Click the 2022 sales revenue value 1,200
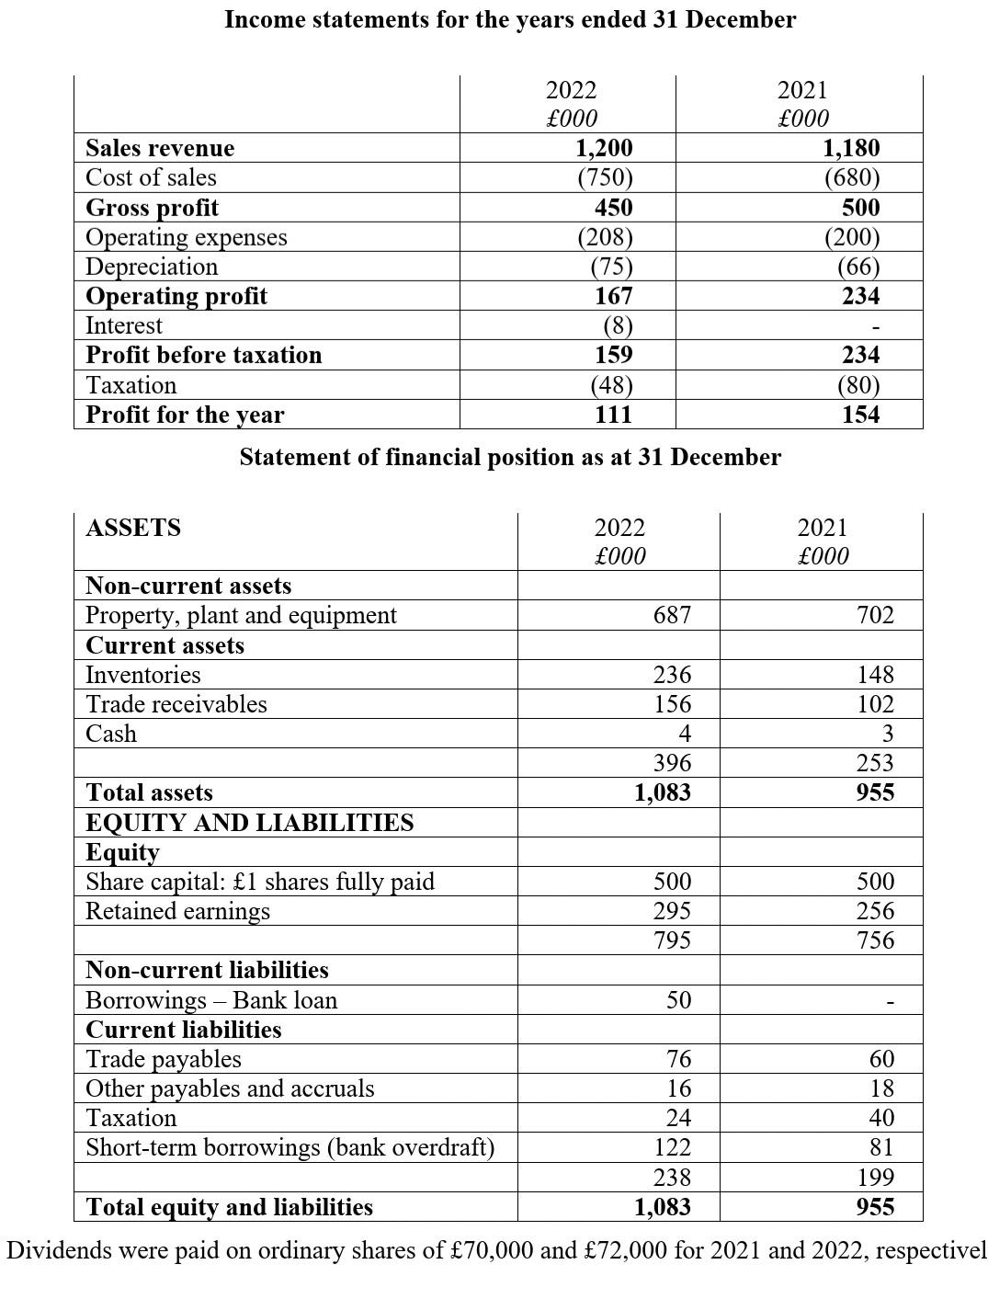(x=604, y=148)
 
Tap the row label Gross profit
(x=152, y=208)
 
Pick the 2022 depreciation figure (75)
(x=610, y=267)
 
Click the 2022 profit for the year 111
(x=613, y=415)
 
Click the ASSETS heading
(x=132, y=528)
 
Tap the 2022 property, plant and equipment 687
(x=671, y=615)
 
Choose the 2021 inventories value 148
(x=874, y=675)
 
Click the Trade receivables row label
(x=176, y=704)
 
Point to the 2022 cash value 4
(x=683, y=734)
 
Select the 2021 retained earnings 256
(x=874, y=911)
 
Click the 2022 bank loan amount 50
(x=678, y=1000)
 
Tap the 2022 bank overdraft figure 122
(x=671, y=1147)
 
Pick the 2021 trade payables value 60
(x=880, y=1059)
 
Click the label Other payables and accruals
(x=230, y=1088)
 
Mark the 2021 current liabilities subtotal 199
(x=874, y=1178)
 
